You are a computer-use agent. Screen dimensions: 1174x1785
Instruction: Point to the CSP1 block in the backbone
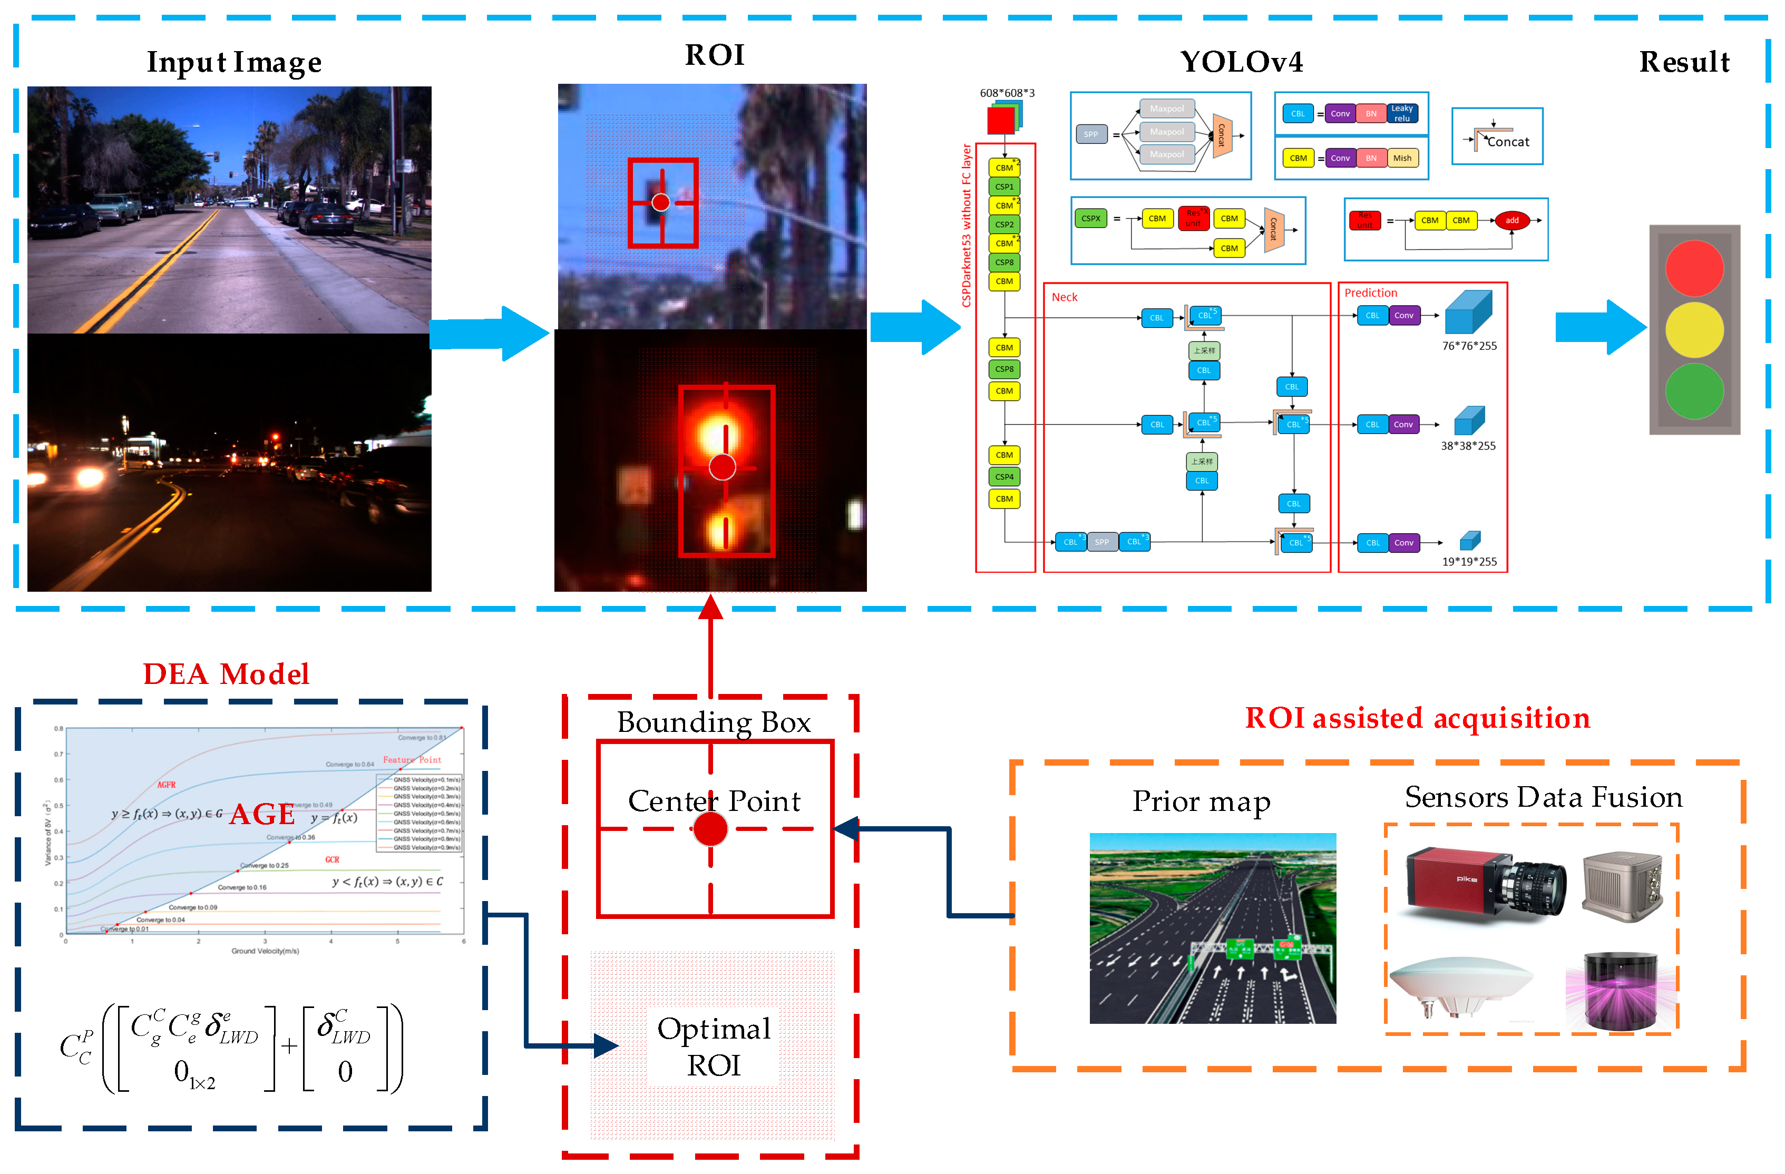pyautogui.click(x=1004, y=187)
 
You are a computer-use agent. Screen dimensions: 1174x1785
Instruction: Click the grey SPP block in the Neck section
pyautogui.click(x=1101, y=541)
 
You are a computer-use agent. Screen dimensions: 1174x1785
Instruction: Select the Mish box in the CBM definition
pyautogui.click(x=1402, y=158)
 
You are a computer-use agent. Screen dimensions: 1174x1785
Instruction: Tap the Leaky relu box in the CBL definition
pyautogui.click(x=1402, y=113)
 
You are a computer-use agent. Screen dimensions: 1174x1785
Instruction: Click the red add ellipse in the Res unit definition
pyautogui.click(x=1512, y=220)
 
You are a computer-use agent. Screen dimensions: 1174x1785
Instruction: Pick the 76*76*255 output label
pyautogui.click(x=1468, y=346)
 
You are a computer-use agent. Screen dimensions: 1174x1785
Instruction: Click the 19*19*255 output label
pyautogui.click(x=1468, y=562)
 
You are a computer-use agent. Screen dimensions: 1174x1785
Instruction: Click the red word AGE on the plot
pyautogui.click(x=262, y=814)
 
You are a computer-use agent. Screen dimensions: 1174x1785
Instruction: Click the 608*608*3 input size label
pyautogui.click(x=1007, y=93)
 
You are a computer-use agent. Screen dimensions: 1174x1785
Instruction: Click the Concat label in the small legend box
pyautogui.click(x=1507, y=142)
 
